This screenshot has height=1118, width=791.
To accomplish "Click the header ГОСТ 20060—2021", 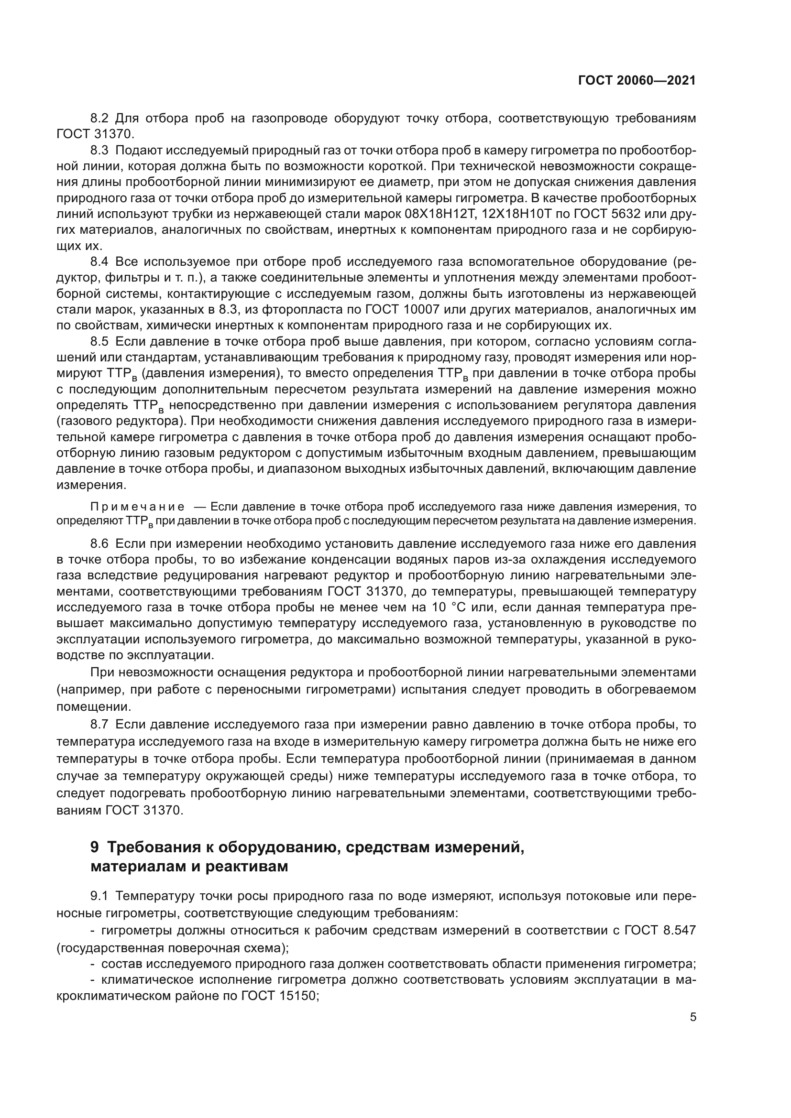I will [x=637, y=80].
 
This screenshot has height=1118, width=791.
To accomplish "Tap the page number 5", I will [x=692, y=1017].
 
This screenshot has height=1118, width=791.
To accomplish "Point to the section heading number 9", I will [x=95, y=847].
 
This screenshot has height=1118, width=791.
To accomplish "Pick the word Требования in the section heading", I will [x=151, y=847].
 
